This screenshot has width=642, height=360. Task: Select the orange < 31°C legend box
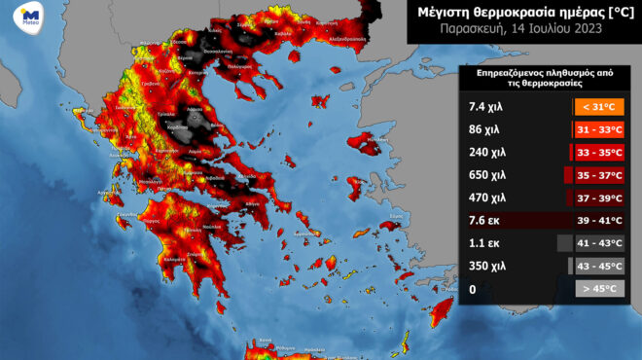pyautogui.click(x=599, y=106)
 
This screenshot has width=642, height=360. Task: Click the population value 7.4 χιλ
pyautogui.click(x=483, y=106)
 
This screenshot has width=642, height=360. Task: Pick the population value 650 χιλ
pyautogui.click(x=485, y=175)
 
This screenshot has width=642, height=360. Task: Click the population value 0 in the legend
pyautogui.click(x=472, y=289)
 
